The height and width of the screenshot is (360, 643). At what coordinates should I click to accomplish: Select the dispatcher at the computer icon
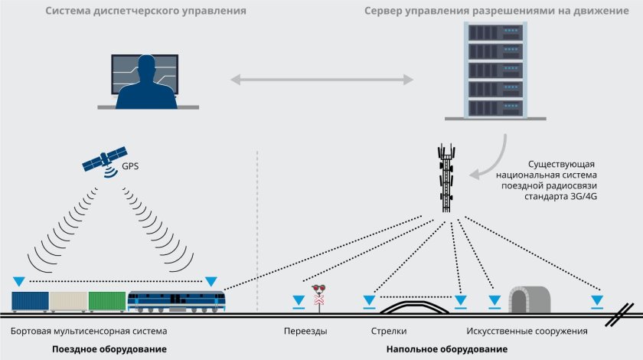(x=145, y=80)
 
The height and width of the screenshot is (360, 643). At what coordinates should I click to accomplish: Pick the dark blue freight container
(x=31, y=301)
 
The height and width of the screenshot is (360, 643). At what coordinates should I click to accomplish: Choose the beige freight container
(x=68, y=301)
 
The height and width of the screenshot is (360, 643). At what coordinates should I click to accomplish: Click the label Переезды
(x=305, y=332)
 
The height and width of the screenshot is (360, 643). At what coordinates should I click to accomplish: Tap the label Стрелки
(x=388, y=332)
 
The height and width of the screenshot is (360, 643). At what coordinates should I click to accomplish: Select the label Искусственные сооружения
(x=527, y=332)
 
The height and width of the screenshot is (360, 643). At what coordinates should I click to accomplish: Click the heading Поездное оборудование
(x=109, y=349)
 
